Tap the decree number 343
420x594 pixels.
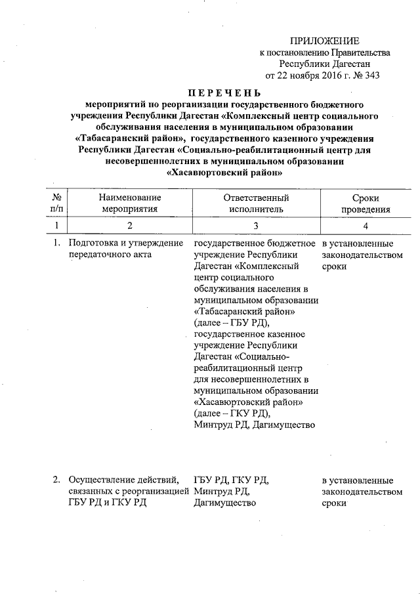pos(371,75)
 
